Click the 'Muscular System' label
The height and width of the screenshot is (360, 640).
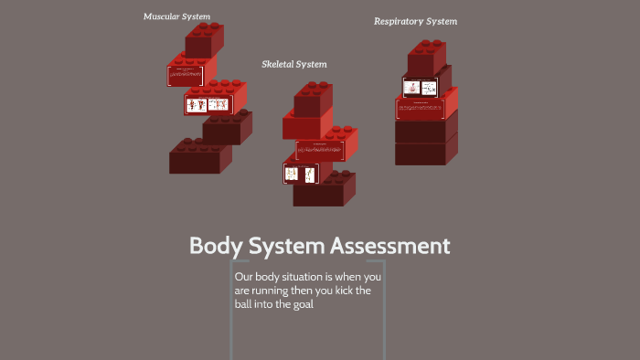176,16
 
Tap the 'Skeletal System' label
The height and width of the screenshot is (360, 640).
293,64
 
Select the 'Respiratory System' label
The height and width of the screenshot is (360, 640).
415,21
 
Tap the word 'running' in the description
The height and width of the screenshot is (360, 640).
271,291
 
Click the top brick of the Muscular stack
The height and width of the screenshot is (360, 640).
204,41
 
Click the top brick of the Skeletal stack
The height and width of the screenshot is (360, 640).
313,99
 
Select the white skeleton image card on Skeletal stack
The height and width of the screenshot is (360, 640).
301,173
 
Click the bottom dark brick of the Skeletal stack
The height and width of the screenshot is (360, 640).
324,192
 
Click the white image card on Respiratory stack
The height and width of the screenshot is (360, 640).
420,88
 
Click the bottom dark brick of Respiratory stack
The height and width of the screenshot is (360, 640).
425,152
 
